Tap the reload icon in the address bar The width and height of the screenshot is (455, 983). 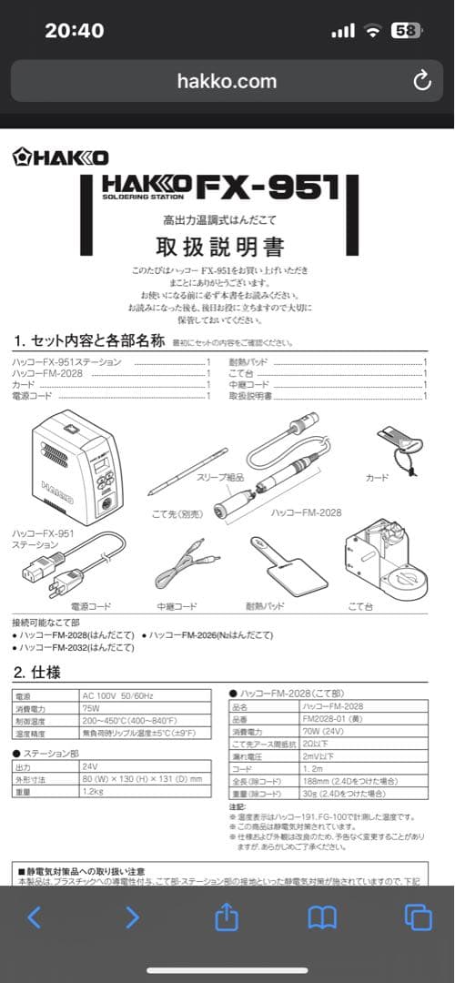[421, 81]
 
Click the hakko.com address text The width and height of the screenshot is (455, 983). [227, 81]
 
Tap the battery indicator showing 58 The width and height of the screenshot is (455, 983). [406, 30]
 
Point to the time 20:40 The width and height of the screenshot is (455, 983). [74, 30]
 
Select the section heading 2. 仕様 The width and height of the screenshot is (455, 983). [36, 673]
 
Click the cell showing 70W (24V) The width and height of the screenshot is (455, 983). [323, 731]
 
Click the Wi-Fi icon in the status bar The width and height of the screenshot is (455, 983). [371, 30]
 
